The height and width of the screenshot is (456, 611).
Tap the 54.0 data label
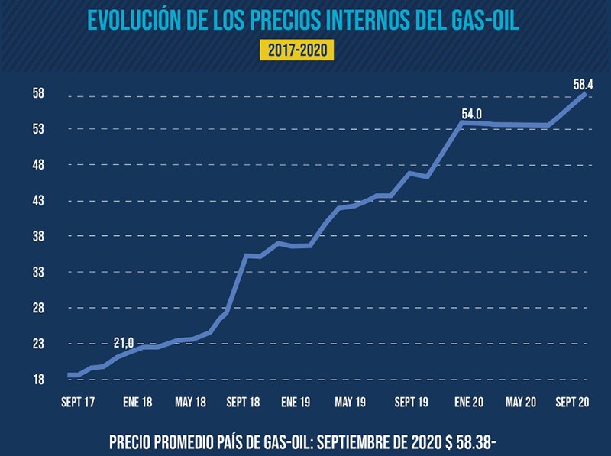(471, 115)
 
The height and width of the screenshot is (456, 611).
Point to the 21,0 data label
(123, 341)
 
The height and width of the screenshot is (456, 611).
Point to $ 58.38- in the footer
(468, 442)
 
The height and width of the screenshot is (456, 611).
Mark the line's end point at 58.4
(586, 93)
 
